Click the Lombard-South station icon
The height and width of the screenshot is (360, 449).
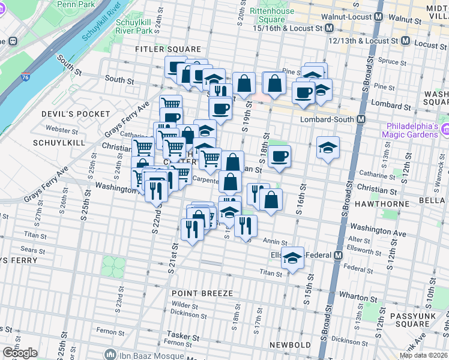click(361, 119)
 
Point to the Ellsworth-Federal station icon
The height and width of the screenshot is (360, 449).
click(338, 255)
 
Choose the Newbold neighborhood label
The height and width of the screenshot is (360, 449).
click(291, 345)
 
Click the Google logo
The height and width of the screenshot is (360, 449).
click(20, 353)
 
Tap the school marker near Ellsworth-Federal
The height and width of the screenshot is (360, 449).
click(293, 259)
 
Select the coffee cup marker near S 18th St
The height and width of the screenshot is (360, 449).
click(279, 157)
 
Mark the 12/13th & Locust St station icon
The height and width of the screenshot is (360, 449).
click(406, 41)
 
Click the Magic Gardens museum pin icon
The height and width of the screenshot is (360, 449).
click(445, 130)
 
